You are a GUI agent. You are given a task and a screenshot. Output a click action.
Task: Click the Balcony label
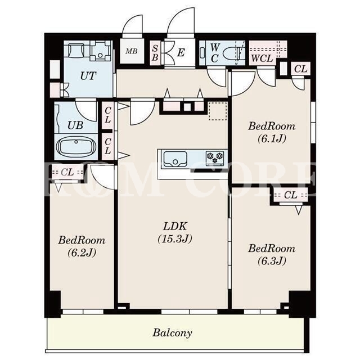172,332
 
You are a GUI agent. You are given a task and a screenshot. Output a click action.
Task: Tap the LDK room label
175,226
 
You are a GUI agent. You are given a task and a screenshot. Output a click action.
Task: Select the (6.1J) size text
272,138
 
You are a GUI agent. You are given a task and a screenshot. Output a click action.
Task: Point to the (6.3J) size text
272,260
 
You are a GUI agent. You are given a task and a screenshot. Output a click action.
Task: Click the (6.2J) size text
82,253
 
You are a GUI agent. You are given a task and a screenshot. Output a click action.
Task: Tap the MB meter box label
132,51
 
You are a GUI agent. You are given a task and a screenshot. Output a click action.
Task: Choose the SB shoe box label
155,53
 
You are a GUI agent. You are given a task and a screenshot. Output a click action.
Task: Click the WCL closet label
262,58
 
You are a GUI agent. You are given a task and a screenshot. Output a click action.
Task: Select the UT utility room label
88,76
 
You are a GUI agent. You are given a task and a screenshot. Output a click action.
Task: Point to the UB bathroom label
75,125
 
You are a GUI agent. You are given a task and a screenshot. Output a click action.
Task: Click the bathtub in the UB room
76,146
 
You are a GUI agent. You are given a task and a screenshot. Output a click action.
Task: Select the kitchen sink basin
175,159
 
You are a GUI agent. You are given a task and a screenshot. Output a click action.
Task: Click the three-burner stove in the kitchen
215,157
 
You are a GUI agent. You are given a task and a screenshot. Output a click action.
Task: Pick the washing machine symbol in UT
100,51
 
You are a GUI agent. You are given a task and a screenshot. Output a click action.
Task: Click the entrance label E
181,53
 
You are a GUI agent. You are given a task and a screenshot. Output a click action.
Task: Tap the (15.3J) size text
175,238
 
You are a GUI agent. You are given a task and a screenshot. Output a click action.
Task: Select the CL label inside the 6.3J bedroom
290,195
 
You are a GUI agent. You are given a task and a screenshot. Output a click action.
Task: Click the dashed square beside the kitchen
218,111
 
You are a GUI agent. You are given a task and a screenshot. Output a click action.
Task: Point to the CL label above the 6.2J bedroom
67,172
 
